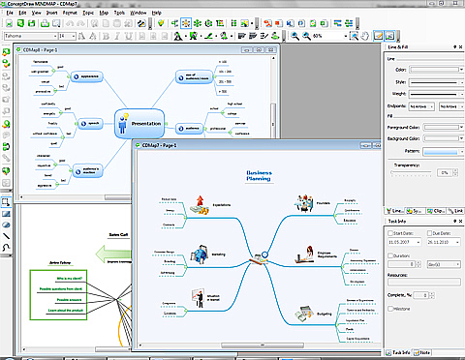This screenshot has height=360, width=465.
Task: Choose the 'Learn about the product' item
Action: tap(68, 311)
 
